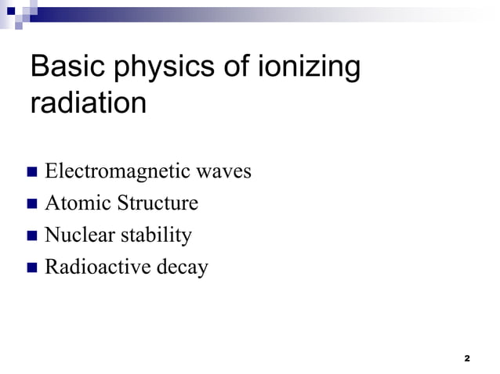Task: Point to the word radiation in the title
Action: click(x=88, y=103)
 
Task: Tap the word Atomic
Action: click(x=78, y=203)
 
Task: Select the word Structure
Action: click(x=158, y=203)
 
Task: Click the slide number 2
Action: click(x=467, y=358)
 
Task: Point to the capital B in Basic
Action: click(x=39, y=68)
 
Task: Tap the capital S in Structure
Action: click(x=123, y=203)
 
